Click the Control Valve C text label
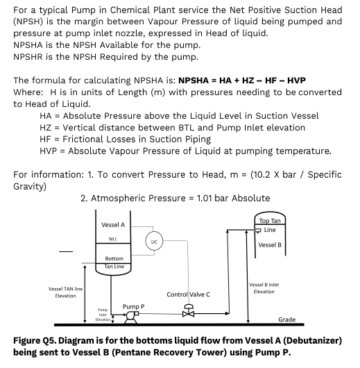tap(189, 294)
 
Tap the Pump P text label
tap(134, 306)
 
